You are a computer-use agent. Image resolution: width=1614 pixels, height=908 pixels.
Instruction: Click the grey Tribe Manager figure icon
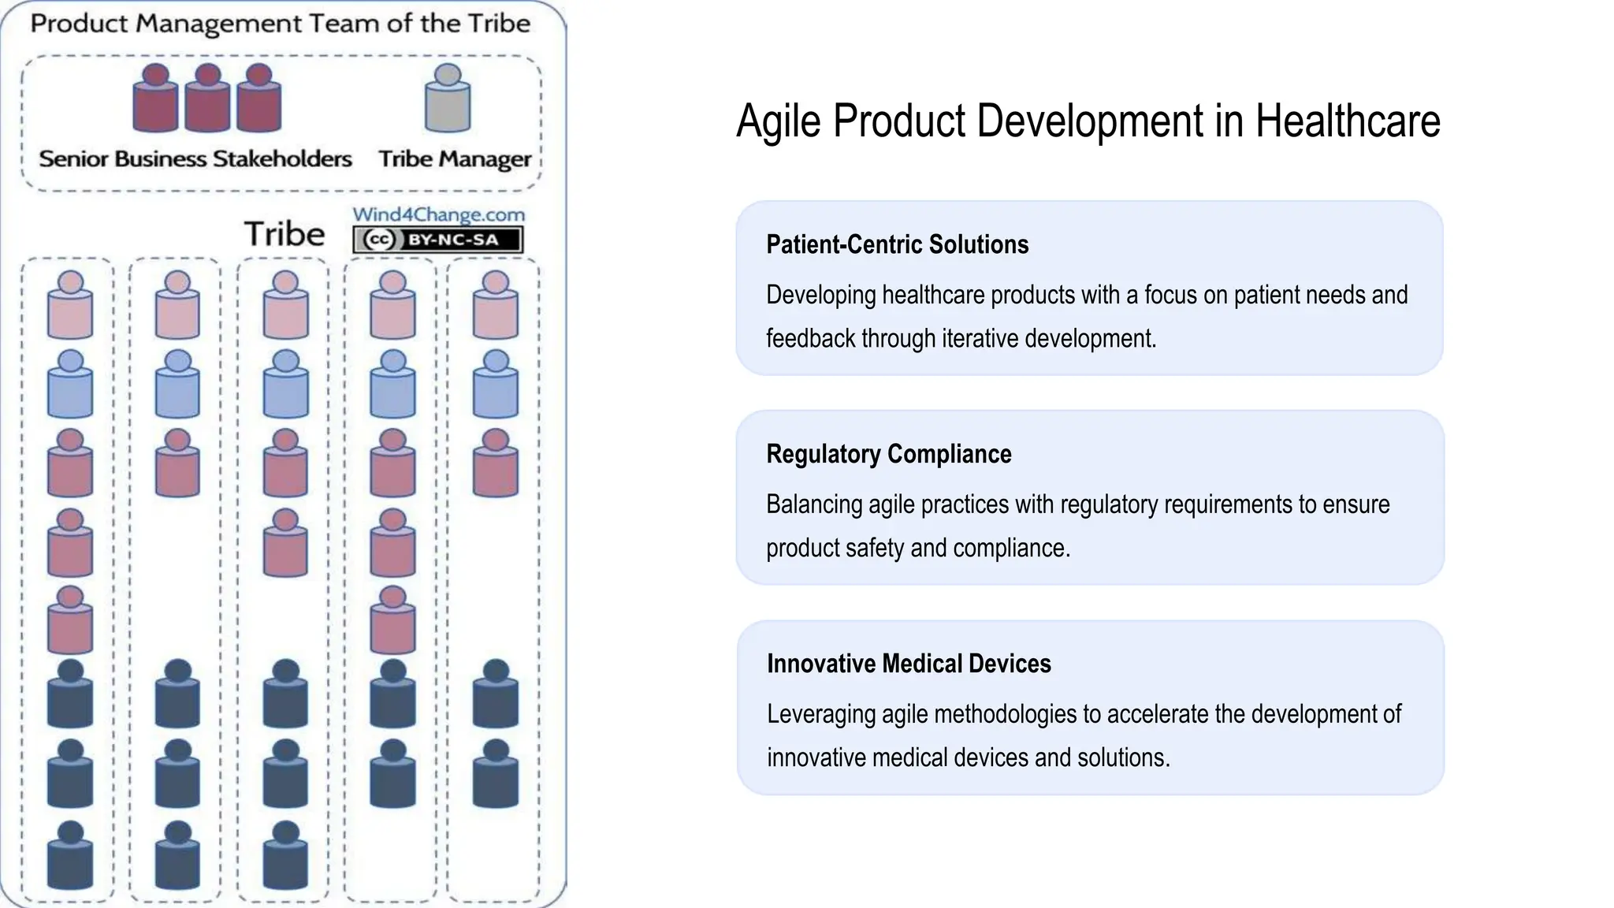coord(448,99)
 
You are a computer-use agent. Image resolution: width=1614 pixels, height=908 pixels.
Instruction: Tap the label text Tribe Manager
coord(455,159)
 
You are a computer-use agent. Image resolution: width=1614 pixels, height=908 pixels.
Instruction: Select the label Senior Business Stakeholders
coord(195,159)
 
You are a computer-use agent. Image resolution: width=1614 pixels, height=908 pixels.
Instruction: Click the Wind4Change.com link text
coord(438,214)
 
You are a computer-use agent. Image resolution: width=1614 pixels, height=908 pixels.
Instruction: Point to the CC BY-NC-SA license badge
coord(438,240)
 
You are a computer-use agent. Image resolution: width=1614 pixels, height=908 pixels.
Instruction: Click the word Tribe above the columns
coord(284,235)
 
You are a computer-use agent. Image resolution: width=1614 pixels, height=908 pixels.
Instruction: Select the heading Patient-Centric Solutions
coord(897,244)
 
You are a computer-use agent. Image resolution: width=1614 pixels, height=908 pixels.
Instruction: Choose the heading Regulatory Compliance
coord(888,454)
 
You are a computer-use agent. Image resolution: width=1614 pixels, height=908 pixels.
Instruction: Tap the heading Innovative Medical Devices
coord(909,664)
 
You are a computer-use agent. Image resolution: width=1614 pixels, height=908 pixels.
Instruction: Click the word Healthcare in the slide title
coord(1348,121)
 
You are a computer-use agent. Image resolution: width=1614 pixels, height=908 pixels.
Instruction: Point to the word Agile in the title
coord(778,123)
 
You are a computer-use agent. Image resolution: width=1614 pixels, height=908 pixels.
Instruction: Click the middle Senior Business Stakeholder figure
coord(207,99)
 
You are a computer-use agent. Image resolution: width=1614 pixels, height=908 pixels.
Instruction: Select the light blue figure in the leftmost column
coord(70,384)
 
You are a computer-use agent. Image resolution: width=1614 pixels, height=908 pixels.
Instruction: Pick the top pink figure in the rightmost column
coord(495,305)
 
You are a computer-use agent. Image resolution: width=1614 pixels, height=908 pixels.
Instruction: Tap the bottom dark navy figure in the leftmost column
coord(70,855)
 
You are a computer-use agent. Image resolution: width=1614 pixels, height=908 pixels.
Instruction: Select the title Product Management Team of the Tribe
coord(280,24)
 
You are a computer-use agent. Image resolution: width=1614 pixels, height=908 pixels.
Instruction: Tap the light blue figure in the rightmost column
coord(495,384)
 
